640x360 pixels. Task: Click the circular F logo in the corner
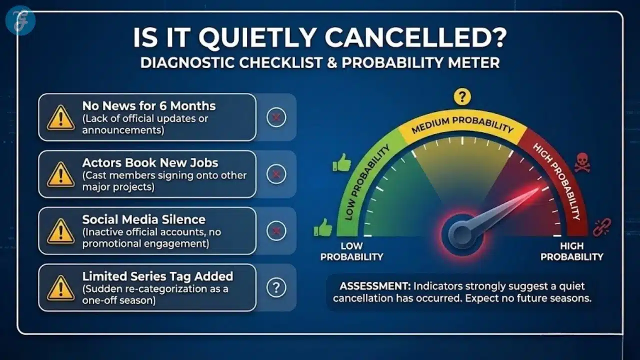click(x=20, y=20)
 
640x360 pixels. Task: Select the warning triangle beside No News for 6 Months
click(x=60, y=118)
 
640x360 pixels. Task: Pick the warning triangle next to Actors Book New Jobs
click(x=60, y=174)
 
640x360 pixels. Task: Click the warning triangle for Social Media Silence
click(x=60, y=231)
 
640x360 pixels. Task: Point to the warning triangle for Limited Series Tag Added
click(x=60, y=288)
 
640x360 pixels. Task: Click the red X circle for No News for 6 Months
click(x=276, y=118)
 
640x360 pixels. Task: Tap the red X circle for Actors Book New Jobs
click(x=276, y=174)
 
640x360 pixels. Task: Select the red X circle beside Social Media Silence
click(x=276, y=231)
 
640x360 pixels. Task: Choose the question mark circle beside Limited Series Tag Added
click(x=276, y=287)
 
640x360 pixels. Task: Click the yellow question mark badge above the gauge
click(x=462, y=97)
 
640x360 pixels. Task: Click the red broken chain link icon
click(x=601, y=227)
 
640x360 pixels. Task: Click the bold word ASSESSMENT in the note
click(x=372, y=286)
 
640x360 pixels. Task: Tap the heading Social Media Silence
click(x=144, y=219)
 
